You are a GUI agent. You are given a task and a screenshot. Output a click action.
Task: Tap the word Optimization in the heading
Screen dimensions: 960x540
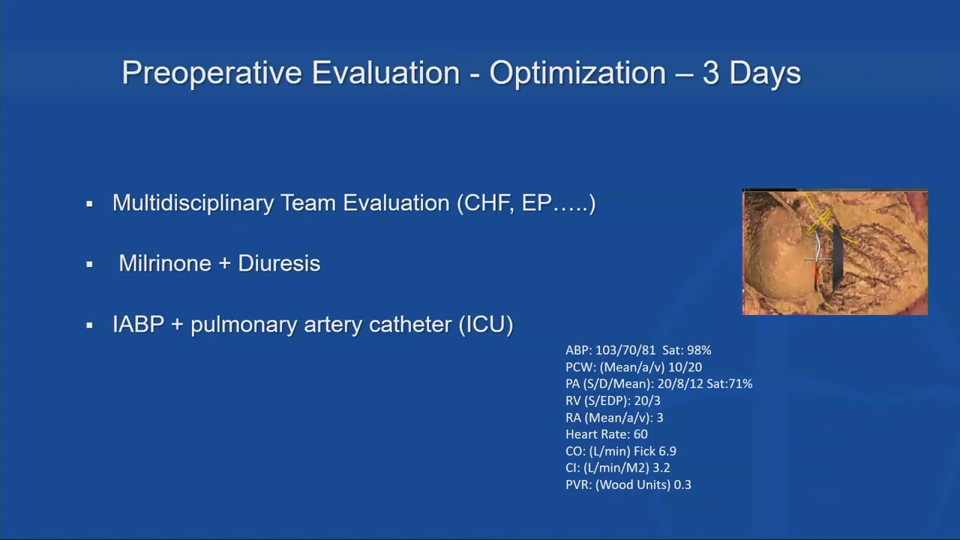(x=577, y=73)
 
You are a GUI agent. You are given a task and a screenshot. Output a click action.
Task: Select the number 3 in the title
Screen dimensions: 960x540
(x=710, y=73)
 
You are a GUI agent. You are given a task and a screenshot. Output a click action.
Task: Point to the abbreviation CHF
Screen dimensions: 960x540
(x=490, y=202)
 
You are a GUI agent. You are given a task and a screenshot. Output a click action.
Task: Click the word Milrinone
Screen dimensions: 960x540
(x=165, y=263)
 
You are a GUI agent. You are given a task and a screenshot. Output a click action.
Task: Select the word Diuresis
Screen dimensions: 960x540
(x=279, y=263)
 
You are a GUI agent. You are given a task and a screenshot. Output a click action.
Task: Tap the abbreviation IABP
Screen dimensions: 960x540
(x=138, y=324)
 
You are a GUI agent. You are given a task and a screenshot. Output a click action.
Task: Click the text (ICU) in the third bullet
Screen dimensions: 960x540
(x=486, y=325)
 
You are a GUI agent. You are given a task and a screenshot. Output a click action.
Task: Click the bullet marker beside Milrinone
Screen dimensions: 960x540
(x=89, y=265)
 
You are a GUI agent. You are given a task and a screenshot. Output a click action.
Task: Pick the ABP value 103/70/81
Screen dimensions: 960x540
(x=625, y=350)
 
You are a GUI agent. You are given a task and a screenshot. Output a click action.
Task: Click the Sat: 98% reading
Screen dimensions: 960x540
(x=686, y=350)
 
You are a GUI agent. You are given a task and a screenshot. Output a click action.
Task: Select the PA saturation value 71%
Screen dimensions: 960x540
(x=741, y=383)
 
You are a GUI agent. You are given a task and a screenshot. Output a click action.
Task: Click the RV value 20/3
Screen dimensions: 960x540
(x=647, y=400)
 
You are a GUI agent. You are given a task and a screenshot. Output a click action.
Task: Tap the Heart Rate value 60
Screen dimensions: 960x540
(x=640, y=434)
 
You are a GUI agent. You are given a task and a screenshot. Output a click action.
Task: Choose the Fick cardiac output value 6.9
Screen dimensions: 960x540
(x=667, y=451)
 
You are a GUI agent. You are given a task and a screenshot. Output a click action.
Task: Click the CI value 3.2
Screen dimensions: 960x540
(x=661, y=467)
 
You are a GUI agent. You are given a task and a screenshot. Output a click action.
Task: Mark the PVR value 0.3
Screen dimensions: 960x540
(x=682, y=484)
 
